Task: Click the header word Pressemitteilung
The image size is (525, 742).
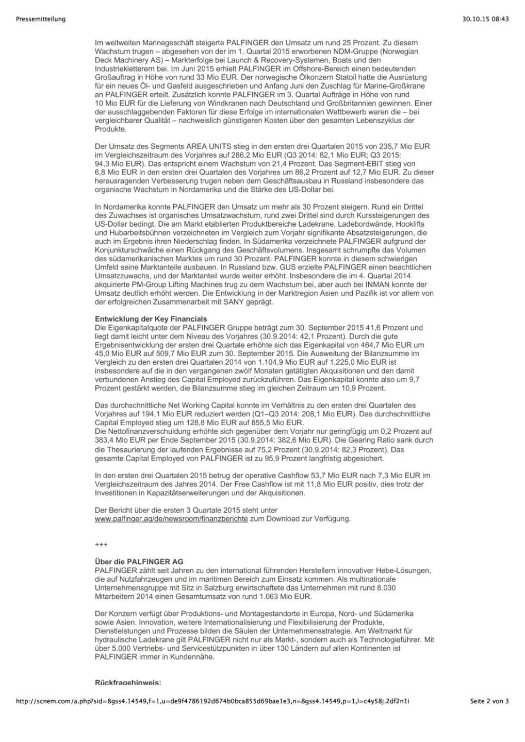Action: click(x=41, y=19)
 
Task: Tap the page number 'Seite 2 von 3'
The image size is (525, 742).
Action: click(x=489, y=701)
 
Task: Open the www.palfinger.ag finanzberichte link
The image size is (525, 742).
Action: click(x=171, y=519)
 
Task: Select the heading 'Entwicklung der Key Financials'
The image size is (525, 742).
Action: click(x=151, y=319)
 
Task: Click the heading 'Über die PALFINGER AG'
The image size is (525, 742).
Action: click(x=139, y=562)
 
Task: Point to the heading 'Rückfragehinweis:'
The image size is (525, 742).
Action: click(x=128, y=683)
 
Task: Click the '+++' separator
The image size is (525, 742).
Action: click(x=101, y=545)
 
